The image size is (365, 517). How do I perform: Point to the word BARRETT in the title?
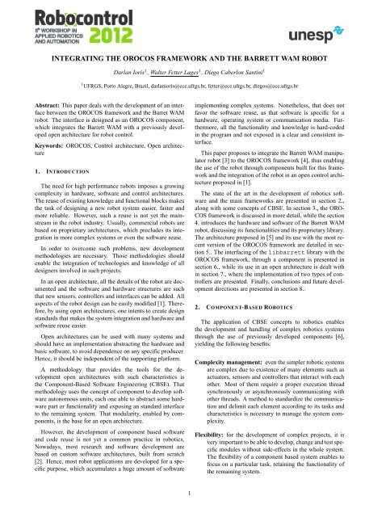pos(254,58)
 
